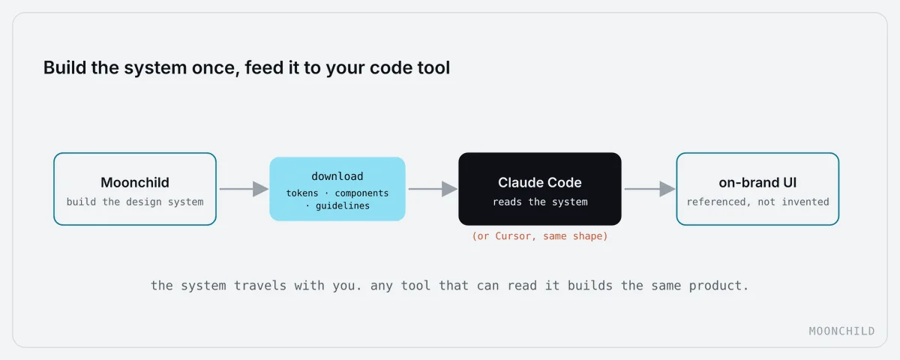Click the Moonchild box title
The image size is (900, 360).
[135, 183]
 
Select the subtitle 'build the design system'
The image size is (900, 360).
[135, 202]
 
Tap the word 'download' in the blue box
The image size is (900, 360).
[337, 176]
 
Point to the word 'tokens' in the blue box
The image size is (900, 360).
[301, 193]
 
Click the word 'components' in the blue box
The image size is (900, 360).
[361, 193]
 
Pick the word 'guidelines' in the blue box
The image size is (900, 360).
[342, 205]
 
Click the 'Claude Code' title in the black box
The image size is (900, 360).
[539, 183]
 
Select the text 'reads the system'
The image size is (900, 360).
[540, 202]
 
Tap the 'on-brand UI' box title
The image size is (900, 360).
[757, 183]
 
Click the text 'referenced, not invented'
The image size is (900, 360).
[757, 202]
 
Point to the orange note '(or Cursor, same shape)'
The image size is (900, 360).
[539, 235]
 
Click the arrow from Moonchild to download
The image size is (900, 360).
[244, 189]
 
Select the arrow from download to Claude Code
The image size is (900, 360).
[433, 189]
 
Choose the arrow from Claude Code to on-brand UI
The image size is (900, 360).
[649, 189]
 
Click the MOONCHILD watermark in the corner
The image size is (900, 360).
[841, 331]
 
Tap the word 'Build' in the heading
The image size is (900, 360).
[64, 67]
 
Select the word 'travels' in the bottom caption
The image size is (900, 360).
[260, 286]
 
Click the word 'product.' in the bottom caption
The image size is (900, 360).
[718, 286]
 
